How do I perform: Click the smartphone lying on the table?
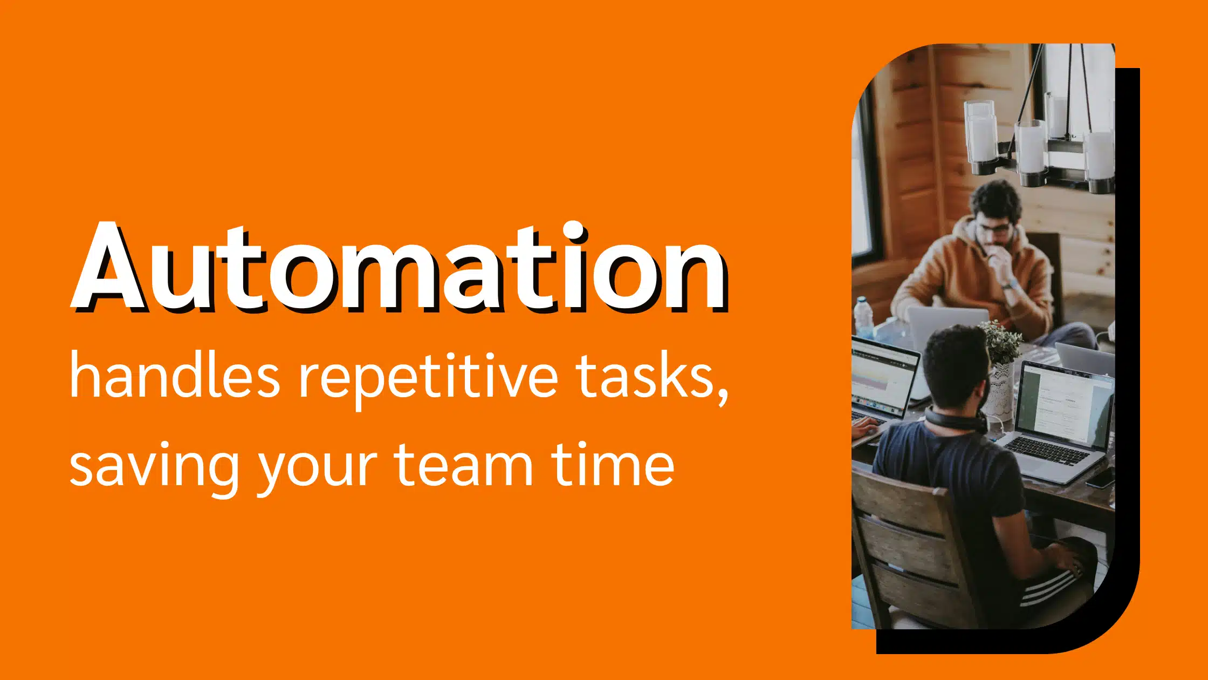click(x=1100, y=478)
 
